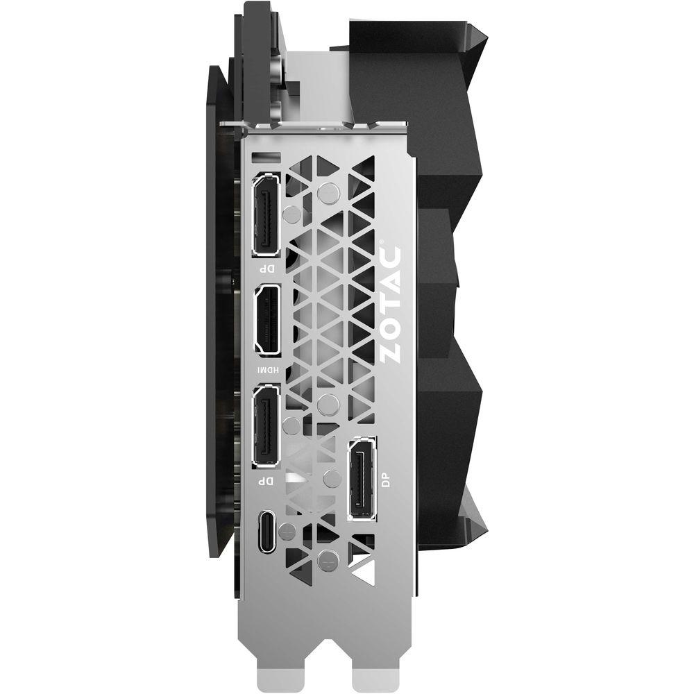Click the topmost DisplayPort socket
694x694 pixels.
coord(266,214)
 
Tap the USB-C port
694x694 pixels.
coord(267,531)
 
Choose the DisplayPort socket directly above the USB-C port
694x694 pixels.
coord(266,425)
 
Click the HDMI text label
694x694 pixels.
coord(268,369)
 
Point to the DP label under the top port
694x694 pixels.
coord(267,268)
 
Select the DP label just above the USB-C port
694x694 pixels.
coord(267,480)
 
